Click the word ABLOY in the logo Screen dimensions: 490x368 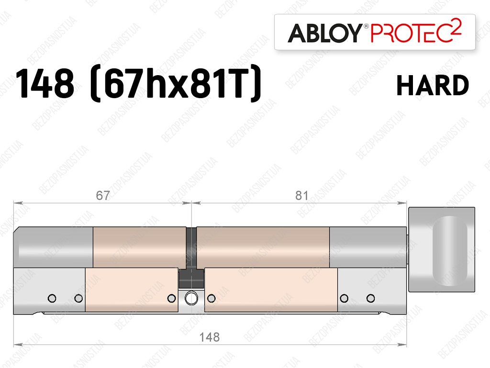(325, 33)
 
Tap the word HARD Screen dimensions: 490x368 (433, 85)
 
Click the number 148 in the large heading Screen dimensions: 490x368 (45, 84)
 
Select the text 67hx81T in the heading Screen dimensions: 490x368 (176, 84)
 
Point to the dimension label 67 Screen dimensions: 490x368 (103, 196)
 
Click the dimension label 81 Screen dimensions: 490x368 (301, 196)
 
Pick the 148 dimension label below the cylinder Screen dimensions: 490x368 (210, 337)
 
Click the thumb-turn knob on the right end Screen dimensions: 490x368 (442, 249)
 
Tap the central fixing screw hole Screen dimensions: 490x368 (191, 298)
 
